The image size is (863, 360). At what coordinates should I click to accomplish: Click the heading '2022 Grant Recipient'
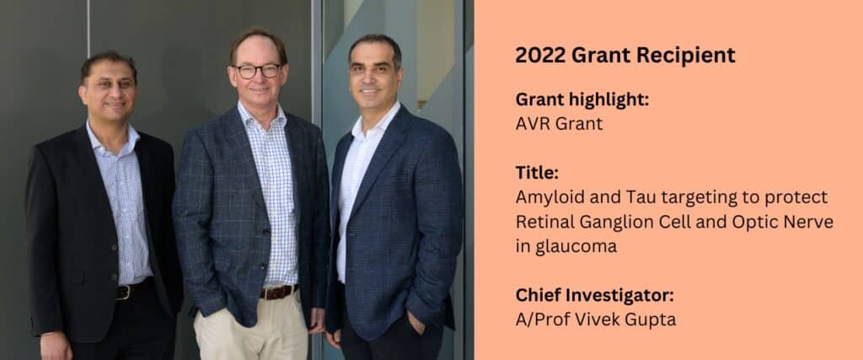625,56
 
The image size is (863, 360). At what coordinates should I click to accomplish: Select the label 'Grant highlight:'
582,100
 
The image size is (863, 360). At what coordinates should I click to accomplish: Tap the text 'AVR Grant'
560,124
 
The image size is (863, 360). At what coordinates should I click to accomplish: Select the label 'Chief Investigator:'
594,296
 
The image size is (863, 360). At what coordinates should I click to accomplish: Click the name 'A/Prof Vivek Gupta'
596,320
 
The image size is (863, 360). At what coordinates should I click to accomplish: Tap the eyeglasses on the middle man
257,71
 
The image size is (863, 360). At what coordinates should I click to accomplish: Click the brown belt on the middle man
280,292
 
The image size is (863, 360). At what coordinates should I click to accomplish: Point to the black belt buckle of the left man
123,293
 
